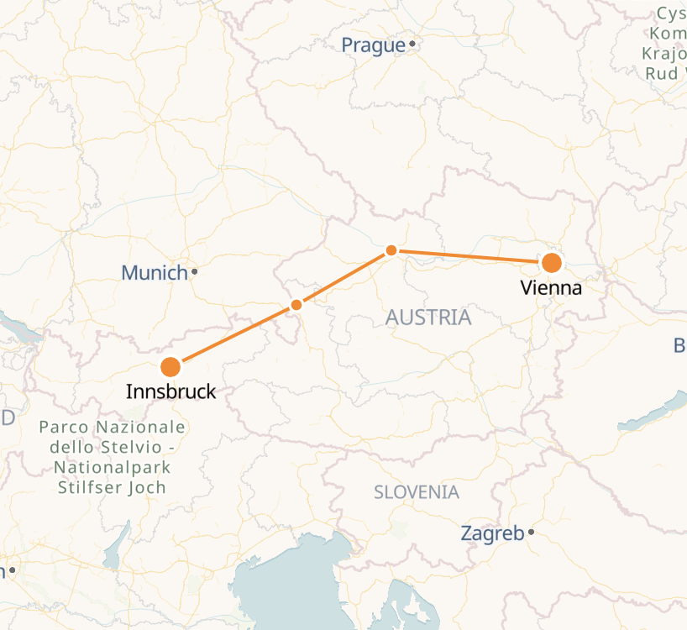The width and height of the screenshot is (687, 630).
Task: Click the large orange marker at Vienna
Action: [x=551, y=263]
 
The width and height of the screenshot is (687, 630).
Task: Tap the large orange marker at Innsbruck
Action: [x=170, y=367]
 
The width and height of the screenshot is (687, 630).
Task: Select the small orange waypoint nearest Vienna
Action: [x=391, y=250]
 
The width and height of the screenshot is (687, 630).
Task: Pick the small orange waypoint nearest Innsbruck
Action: [x=296, y=305]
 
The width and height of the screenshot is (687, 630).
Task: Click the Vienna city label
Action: [x=551, y=288]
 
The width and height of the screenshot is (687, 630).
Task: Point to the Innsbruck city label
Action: [x=170, y=391]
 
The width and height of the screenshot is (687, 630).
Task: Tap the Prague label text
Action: [x=374, y=45]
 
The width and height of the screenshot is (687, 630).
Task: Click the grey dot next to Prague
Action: [x=412, y=44]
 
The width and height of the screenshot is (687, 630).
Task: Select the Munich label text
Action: [x=155, y=273]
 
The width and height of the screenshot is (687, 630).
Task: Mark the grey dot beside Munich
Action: [x=194, y=271]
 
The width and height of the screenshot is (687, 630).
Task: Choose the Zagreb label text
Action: [x=492, y=533]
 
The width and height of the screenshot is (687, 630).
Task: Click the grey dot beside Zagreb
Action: [x=532, y=532]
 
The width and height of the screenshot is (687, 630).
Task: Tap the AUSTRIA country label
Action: [x=428, y=318]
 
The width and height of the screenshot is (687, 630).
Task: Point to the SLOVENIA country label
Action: [x=417, y=492]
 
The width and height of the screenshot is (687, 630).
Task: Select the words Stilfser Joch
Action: [x=111, y=487]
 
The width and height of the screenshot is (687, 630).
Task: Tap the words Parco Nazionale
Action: [x=112, y=427]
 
